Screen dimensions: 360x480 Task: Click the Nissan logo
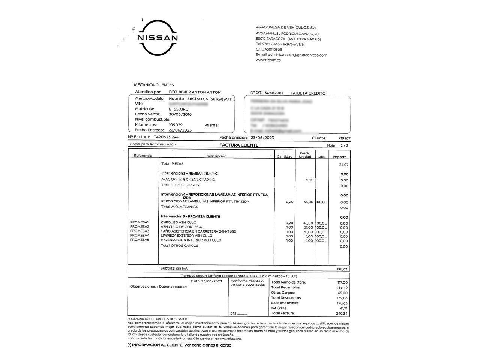[x=157, y=38]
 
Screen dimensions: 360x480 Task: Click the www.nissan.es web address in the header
[x=268, y=60]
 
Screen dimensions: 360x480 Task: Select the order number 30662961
[x=274, y=93]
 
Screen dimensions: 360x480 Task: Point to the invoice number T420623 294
[x=166, y=137]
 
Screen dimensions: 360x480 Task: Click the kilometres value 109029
[x=175, y=125]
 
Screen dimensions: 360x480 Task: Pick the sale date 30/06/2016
[x=180, y=114]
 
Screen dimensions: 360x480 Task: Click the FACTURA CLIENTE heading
[x=239, y=145]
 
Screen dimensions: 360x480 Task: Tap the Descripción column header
[x=216, y=156]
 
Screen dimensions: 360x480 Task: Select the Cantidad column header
[x=284, y=157]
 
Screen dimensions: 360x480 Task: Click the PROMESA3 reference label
[x=139, y=231]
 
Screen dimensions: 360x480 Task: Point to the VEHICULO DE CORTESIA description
[x=181, y=227]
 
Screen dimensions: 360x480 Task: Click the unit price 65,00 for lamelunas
[x=308, y=202]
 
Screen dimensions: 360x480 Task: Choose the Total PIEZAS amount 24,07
[x=343, y=165]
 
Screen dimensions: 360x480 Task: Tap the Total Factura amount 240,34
[x=342, y=313]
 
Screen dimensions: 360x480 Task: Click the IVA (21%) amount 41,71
[x=343, y=308]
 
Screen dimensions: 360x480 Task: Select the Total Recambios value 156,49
[x=342, y=288]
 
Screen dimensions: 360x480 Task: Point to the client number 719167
[x=343, y=138]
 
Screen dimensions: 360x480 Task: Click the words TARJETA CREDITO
[x=308, y=93]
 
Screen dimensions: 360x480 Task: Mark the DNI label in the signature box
[x=233, y=313]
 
